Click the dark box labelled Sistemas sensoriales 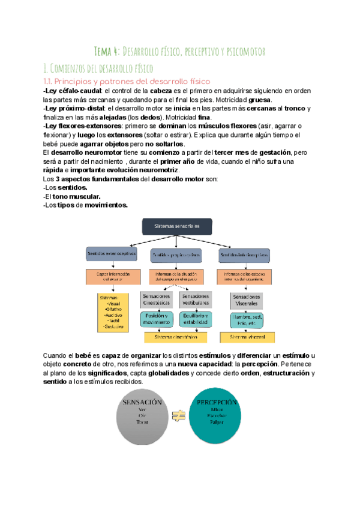coord(179,226)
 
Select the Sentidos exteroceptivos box coord(112,254)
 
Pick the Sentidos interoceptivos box coord(244,255)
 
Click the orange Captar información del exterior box coord(112,277)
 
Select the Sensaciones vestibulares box coord(196,300)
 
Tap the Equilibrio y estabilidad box coord(196,319)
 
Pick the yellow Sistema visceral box coord(247,337)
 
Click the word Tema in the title coord(107,52)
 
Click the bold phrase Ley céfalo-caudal coord(63,91)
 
